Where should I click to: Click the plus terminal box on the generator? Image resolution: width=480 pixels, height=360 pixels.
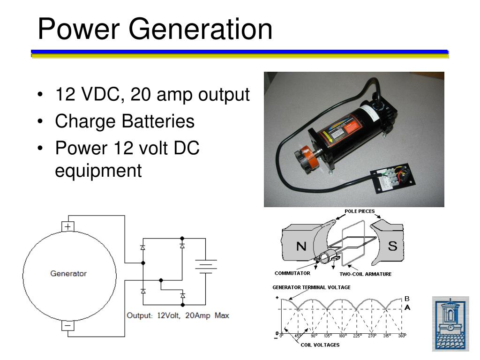(68, 226)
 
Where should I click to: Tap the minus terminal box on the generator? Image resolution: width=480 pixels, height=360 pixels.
(68, 325)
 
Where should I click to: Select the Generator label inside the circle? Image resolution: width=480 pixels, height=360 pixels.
(68, 274)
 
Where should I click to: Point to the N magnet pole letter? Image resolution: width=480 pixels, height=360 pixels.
(301, 246)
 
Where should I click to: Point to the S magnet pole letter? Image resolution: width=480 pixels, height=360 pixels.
(392, 246)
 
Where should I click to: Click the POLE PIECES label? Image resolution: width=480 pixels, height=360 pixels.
(360, 211)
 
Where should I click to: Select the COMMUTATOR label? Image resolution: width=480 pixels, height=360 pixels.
(292, 273)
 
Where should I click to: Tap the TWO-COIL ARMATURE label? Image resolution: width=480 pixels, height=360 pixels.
(366, 274)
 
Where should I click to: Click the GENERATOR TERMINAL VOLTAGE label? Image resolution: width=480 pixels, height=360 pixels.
(311, 287)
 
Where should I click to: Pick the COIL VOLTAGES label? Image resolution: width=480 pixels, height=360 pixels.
(320, 345)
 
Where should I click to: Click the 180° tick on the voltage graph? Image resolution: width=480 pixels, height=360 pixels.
(342, 336)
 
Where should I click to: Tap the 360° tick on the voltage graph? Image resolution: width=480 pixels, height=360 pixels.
(401, 336)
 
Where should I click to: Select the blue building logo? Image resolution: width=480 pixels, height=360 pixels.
(450, 323)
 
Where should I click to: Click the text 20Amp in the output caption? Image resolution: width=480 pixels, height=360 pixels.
(198, 315)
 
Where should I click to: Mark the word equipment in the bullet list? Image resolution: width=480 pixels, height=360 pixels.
(98, 171)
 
